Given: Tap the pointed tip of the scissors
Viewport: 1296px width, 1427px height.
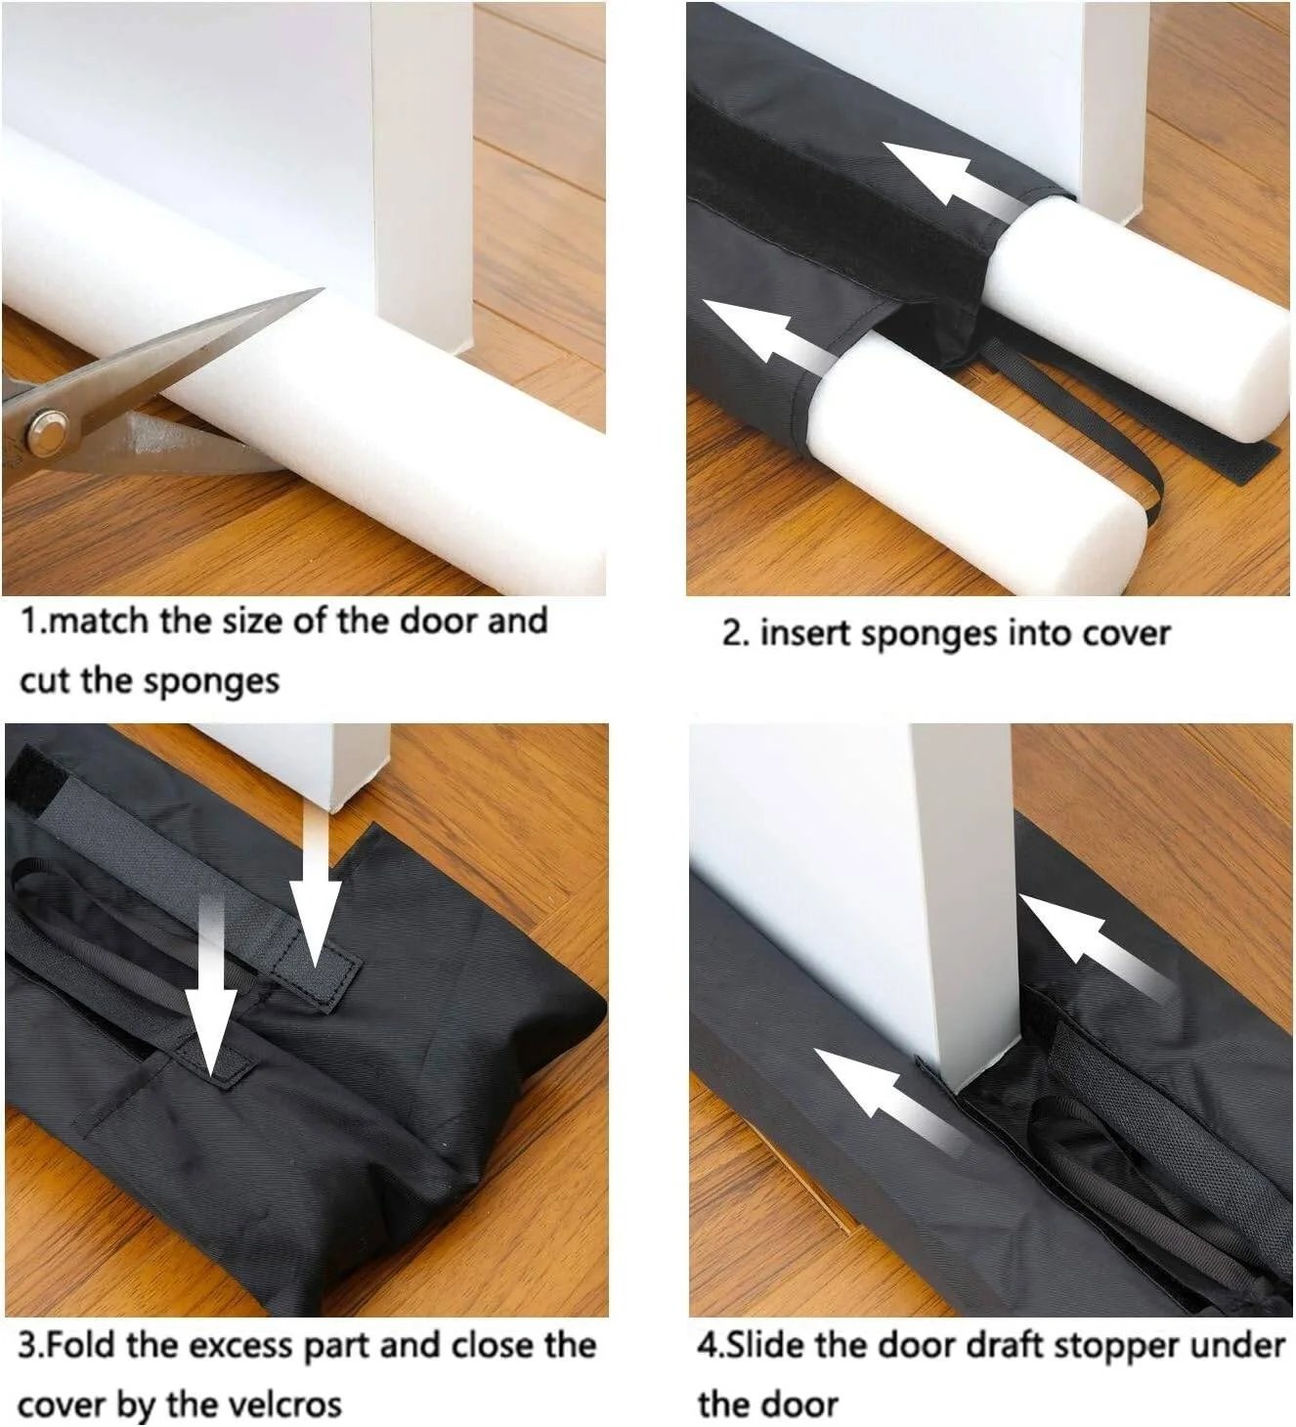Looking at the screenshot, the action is (324, 288).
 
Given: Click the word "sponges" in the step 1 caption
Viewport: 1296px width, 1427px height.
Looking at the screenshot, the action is (212, 681).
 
